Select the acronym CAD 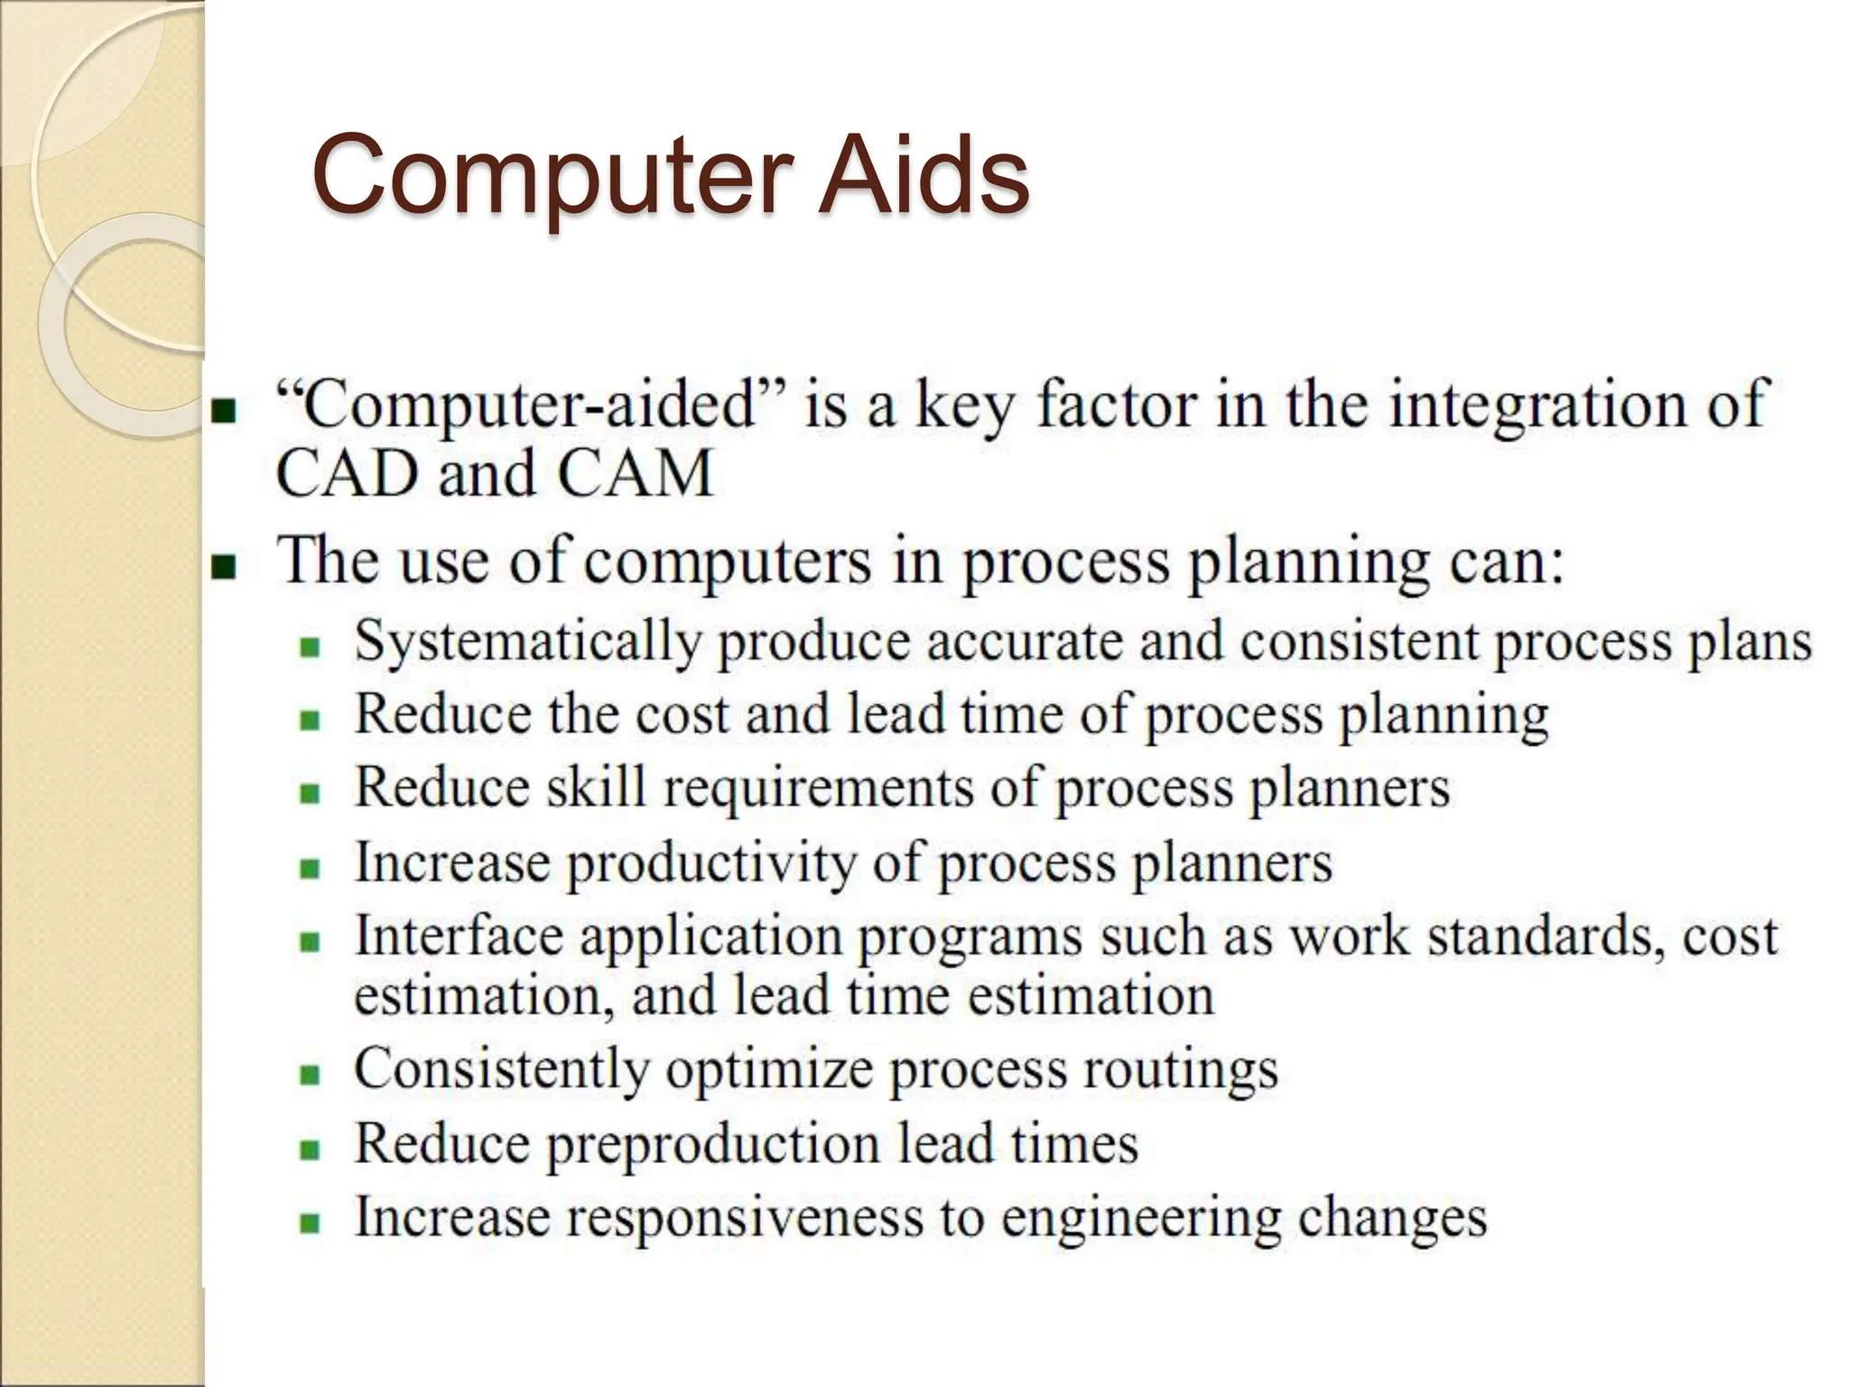point(348,474)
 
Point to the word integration point(1536,405)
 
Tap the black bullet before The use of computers point(223,567)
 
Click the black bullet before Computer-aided point(223,412)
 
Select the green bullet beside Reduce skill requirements point(311,795)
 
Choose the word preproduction point(713,1145)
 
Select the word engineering point(1141,1219)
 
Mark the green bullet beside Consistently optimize point(311,1076)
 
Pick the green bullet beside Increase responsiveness point(311,1224)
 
